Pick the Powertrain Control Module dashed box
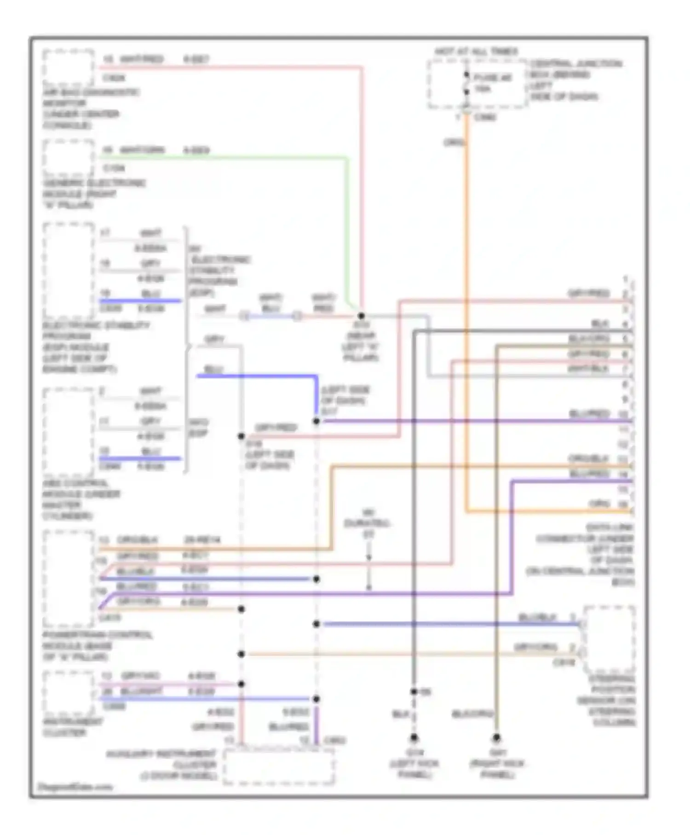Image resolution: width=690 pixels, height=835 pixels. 69,578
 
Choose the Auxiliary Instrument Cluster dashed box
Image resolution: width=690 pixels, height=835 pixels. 278,766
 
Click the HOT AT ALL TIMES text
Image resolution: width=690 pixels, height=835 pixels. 476,52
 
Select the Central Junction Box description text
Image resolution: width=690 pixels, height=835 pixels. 575,80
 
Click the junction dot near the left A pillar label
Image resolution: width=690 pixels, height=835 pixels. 361,316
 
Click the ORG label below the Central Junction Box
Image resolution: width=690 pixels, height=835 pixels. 454,143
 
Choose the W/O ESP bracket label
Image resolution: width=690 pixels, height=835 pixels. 199,428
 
